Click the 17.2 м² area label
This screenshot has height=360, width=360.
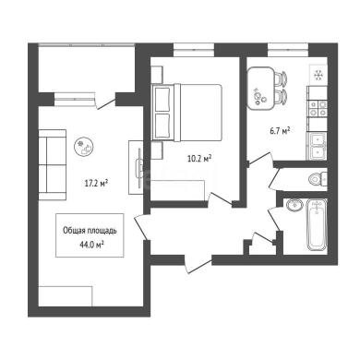click(x=96, y=184)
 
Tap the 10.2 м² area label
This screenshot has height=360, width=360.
click(x=199, y=159)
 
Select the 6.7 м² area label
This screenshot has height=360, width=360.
click(x=281, y=131)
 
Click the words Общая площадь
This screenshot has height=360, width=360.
click(x=90, y=231)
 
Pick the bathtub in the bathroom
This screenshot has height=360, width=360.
click(x=318, y=224)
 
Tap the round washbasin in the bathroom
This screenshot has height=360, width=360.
click(x=294, y=205)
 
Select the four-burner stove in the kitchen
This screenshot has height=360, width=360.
click(x=318, y=109)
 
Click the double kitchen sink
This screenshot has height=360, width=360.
click(x=317, y=146)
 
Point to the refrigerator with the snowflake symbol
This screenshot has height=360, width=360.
click(x=318, y=75)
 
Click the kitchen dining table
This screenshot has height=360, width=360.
click(x=260, y=89)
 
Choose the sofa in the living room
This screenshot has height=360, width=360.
click(x=53, y=165)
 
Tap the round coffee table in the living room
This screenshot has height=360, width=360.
click(x=84, y=146)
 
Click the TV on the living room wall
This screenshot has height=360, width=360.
click(x=139, y=167)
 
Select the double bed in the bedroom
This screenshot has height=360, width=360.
click(x=187, y=113)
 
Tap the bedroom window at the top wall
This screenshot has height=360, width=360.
click(x=194, y=50)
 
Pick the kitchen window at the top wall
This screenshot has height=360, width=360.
click(x=288, y=50)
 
